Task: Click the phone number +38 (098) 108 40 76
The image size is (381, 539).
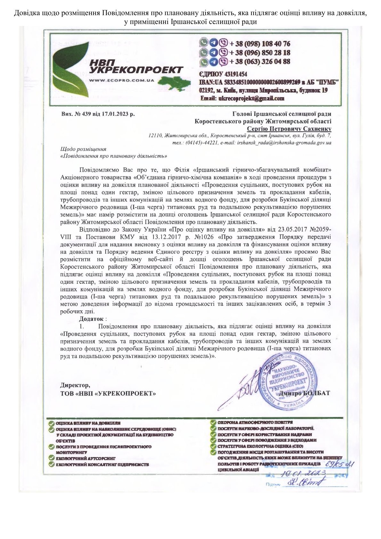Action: pos(260,44)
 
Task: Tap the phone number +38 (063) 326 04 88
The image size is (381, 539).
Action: pos(260,61)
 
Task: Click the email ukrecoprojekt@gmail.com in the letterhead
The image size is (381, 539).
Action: pos(242,98)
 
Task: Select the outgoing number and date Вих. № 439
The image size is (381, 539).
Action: pos(98,114)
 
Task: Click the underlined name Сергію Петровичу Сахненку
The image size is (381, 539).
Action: pos(289,129)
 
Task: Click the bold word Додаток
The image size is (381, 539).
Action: pos(91,319)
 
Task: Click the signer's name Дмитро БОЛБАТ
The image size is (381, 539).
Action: pos(304,393)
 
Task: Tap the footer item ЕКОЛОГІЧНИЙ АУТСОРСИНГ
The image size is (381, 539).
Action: pos(85,458)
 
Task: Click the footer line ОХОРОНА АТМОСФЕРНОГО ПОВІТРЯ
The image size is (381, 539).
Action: pos(255,422)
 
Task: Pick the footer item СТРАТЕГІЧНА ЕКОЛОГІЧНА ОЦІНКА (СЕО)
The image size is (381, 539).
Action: pos(260,446)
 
